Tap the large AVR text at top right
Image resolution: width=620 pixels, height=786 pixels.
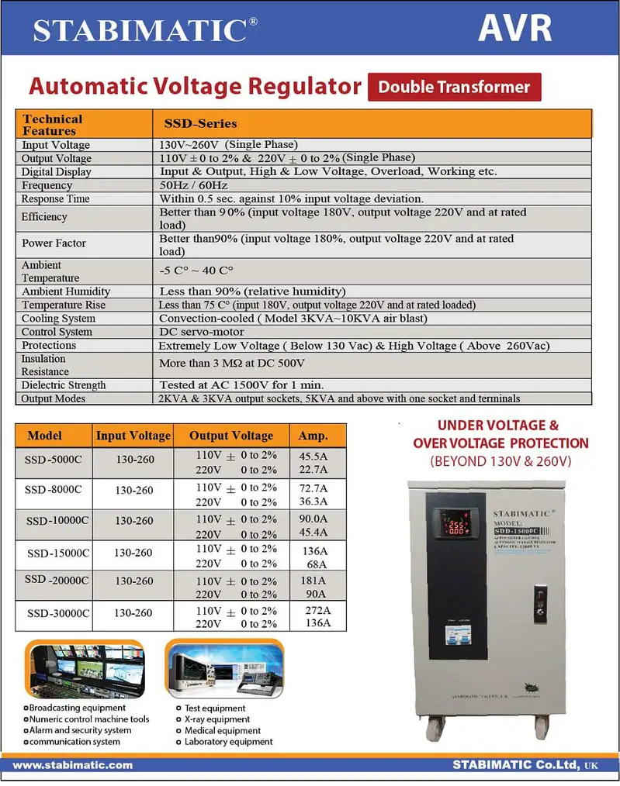coord(514,28)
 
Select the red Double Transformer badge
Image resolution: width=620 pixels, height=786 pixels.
coord(454,87)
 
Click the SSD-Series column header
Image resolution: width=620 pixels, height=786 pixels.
coord(200,123)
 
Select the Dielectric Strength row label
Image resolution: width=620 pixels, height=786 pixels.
coord(64,384)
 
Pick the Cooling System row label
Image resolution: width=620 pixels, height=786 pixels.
coord(58,319)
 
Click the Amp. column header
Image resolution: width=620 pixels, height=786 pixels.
coord(313,436)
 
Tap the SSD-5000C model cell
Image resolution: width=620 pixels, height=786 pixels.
coord(54,459)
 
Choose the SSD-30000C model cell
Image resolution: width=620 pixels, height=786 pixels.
coord(58,613)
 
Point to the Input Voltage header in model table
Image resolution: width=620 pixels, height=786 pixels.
coord(133,436)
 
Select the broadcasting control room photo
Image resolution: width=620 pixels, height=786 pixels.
coord(85,670)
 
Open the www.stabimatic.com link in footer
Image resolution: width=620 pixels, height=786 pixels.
coord(73,765)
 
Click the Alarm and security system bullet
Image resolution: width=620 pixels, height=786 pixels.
coord(78,730)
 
